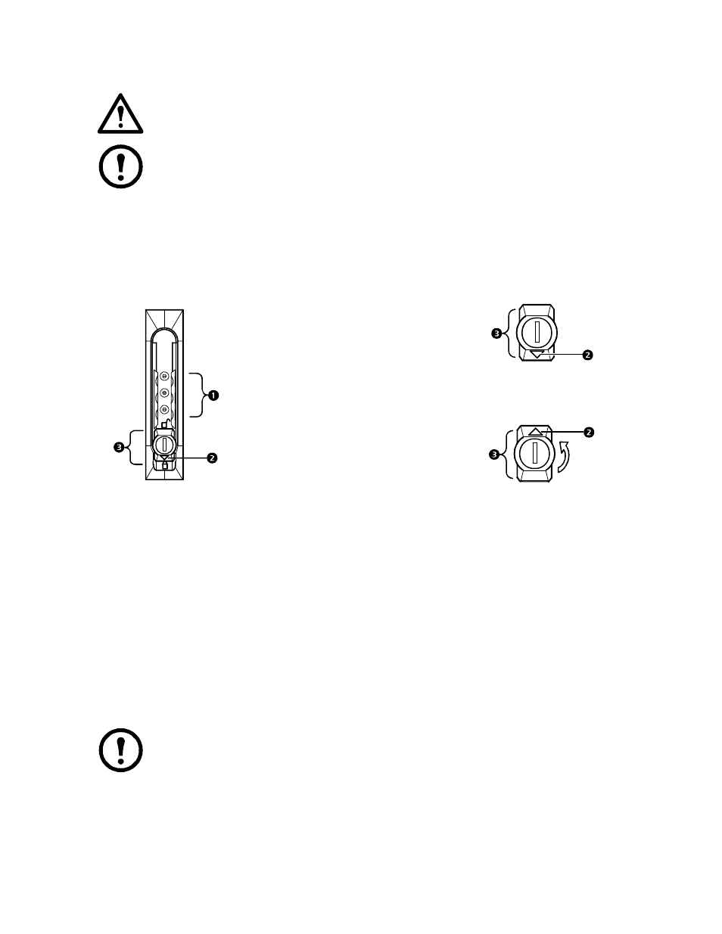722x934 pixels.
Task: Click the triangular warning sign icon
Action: click(x=120, y=114)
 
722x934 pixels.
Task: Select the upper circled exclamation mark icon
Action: click(x=121, y=166)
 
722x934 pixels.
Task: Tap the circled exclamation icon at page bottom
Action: click(x=121, y=750)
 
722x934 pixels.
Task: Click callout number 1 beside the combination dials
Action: click(x=213, y=396)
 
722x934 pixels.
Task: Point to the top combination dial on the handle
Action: click(x=163, y=376)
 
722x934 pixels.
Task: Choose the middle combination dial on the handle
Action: click(x=163, y=393)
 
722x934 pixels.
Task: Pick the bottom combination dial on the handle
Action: click(x=163, y=410)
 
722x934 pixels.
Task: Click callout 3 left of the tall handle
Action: click(x=119, y=448)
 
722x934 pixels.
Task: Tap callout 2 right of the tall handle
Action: click(x=212, y=458)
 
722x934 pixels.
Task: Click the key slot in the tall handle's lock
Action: click(x=165, y=445)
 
